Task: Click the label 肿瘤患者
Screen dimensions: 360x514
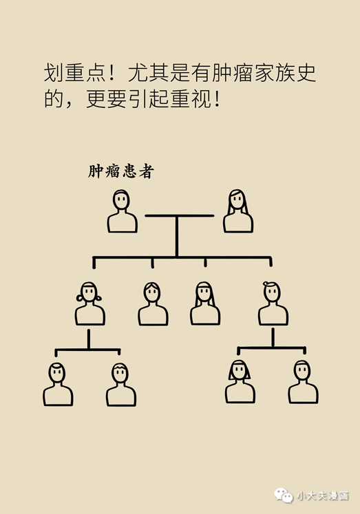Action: [121, 171]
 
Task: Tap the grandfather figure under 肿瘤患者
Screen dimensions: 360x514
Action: [122, 211]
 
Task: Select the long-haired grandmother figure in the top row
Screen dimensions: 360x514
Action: [238, 211]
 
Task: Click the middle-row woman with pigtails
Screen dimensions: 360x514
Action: [89, 303]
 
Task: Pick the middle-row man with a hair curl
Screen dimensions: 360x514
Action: [273, 303]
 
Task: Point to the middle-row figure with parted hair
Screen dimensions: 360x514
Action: [153, 303]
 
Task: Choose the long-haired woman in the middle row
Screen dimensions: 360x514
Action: [205, 303]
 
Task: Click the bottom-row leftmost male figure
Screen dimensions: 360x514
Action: [58, 384]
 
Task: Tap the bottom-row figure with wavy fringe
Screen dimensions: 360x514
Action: [121, 384]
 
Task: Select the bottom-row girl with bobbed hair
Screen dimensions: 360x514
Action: [240, 382]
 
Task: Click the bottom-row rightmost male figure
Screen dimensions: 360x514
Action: [303, 382]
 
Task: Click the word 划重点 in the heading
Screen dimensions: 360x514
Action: [75, 73]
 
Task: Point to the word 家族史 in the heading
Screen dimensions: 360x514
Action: [285, 73]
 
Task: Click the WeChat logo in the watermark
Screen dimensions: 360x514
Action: [284, 495]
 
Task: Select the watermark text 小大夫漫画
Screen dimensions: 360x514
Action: [323, 495]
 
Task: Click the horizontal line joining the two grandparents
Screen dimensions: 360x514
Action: [180, 215]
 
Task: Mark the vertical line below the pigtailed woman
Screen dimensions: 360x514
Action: [89, 339]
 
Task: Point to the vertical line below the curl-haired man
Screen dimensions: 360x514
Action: [273, 338]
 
